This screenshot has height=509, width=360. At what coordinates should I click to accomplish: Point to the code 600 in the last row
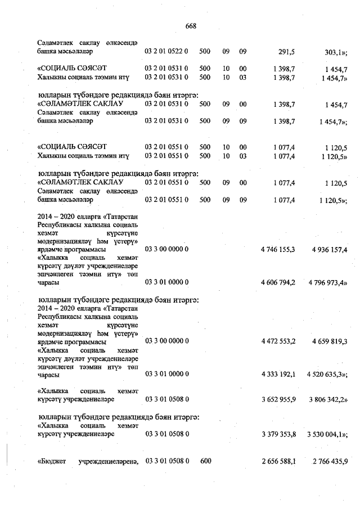coord(205,461)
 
